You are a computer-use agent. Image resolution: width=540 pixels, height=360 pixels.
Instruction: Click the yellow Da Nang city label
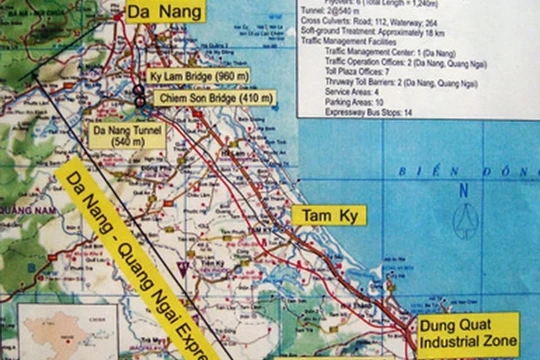click(165, 12)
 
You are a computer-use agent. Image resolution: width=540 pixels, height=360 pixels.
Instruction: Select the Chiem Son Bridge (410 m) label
click(203, 98)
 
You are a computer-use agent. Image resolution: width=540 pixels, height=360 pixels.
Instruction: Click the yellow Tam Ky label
click(329, 215)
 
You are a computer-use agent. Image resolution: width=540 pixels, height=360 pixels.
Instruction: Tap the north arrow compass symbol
click(464, 220)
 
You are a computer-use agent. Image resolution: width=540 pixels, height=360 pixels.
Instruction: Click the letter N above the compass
click(464, 190)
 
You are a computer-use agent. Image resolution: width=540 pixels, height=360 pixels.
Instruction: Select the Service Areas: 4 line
click(360, 91)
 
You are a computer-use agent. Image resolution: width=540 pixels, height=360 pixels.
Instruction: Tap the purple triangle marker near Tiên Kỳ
click(181, 267)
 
